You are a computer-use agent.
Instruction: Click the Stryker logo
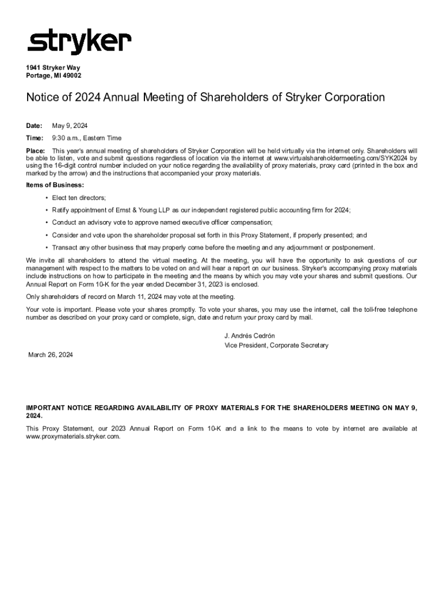(79, 43)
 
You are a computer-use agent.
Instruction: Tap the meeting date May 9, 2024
(70, 126)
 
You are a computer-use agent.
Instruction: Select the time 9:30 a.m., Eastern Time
(86, 138)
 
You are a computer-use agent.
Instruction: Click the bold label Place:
(35, 150)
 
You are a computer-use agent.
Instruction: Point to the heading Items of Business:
(55, 185)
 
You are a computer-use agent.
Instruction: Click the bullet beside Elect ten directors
(46, 198)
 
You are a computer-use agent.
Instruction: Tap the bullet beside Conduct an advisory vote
(46, 222)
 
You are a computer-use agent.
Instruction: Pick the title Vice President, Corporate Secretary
(276, 346)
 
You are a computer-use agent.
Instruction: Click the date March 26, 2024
(51, 355)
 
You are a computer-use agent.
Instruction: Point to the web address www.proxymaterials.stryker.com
(73, 437)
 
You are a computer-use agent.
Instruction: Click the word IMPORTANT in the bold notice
(45, 408)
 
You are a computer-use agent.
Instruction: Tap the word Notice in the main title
(44, 97)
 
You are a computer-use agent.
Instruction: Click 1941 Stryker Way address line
(53, 67)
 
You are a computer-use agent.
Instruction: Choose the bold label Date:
(34, 126)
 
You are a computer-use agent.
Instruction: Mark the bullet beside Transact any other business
(46, 248)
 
